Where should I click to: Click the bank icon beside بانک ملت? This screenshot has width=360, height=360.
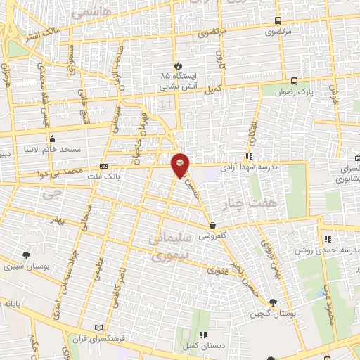(104, 167)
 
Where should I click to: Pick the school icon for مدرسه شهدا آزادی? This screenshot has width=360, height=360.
(248, 157)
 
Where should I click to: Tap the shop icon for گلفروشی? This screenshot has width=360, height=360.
(212, 226)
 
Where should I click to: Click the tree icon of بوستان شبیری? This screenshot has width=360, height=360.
(26, 255)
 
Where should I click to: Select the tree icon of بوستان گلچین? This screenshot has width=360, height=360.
(274, 302)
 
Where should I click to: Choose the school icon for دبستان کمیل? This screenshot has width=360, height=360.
(202, 335)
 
